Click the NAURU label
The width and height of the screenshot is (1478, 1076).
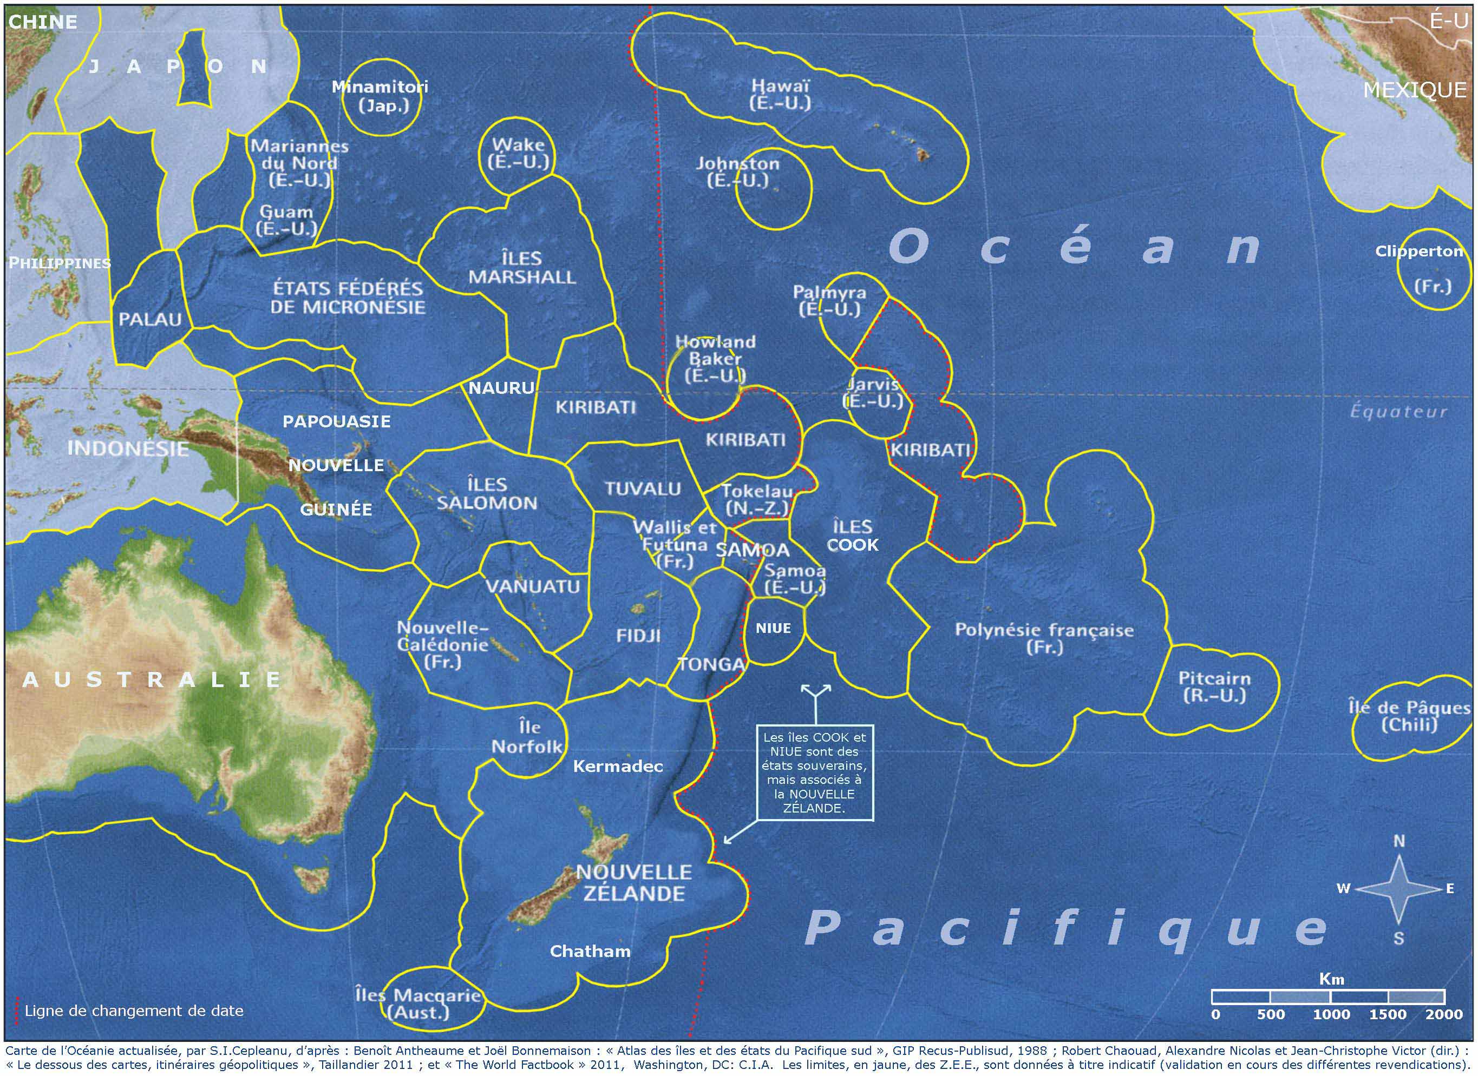pyautogui.click(x=501, y=388)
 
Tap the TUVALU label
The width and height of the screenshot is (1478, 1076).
pyautogui.click(x=643, y=489)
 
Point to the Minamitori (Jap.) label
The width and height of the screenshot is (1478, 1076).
pyautogui.click(x=380, y=96)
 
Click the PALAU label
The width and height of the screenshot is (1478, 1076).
pyautogui.click(x=150, y=320)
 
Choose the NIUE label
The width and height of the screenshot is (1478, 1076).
pyautogui.click(x=773, y=629)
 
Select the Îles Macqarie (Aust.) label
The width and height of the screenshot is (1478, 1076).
pyautogui.click(x=418, y=1004)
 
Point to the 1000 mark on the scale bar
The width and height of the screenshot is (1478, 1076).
pyautogui.click(x=1331, y=1014)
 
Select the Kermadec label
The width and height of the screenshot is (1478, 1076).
pyautogui.click(x=617, y=767)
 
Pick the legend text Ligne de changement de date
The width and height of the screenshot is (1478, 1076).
pyautogui.click(x=134, y=1011)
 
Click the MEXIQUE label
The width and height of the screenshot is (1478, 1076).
pyautogui.click(x=1414, y=90)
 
